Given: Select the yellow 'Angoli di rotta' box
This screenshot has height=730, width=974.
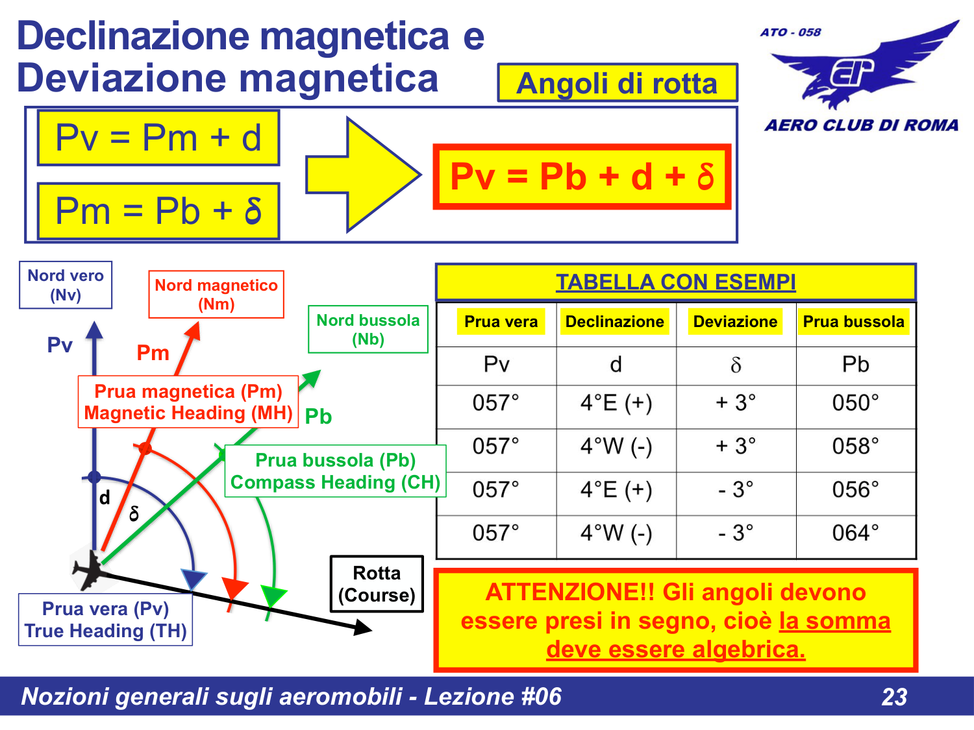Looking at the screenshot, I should pyautogui.click(x=618, y=83).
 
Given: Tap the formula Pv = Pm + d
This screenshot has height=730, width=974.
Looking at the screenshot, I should pyautogui.click(x=158, y=138).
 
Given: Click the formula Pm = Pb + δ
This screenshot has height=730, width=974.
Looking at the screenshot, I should pyautogui.click(x=158, y=212).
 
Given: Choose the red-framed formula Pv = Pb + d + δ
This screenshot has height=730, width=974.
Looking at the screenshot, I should pyautogui.click(x=582, y=176).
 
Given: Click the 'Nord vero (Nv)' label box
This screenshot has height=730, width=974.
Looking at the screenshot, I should pyautogui.click(x=66, y=285).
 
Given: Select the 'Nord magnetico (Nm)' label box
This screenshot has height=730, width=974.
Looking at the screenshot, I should pyautogui.click(x=216, y=295).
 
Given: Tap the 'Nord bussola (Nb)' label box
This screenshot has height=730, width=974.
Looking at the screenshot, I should pyautogui.click(x=368, y=330).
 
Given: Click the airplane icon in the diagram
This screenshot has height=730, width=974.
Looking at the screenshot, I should pyautogui.click(x=90, y=569).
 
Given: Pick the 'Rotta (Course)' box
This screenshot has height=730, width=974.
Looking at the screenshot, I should pyautogui.click(x=377, y=584).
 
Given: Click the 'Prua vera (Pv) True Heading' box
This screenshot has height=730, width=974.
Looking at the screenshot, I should pyautogui.click(x=105, y=620).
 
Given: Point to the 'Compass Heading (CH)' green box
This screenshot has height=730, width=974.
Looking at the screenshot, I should pyautogui.click(x=335, y=472).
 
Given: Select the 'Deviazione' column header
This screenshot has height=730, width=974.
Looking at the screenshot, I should pyautogui.click(x=735, y=322).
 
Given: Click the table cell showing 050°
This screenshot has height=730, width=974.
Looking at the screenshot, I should pyautogui.click(x=855, y=403).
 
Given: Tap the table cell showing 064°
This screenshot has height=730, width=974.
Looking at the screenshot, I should pyautogui.click(x=855, y=533).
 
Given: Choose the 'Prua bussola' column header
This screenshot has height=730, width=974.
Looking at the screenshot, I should pyautogui.click(x=853, y=322).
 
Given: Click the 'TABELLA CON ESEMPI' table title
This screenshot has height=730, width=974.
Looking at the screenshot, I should pyautogui.click(x=675, y=282).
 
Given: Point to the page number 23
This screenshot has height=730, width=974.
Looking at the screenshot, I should pyautogui.click(x=894, y=697).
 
